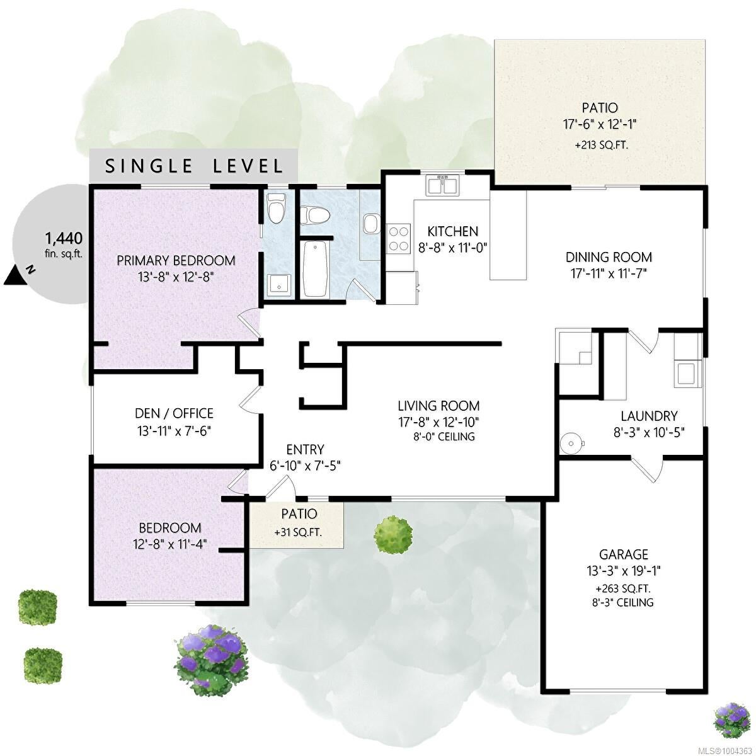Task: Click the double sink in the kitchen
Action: coord(442,186)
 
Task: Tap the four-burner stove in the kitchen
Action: coord(399,239)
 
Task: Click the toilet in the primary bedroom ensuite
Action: coord(275,207)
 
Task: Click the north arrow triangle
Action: coord(15,275)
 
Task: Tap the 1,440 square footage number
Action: coord(64,238)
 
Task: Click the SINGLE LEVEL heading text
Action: coord(194,166)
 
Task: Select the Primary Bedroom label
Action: coord(176,260)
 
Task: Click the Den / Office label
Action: coord(174,413)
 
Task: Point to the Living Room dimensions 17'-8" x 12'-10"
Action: coord(439,422)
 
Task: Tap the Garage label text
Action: coord(624,554)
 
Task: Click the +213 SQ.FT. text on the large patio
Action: coord(602,145)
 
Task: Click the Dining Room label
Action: coord(609,258)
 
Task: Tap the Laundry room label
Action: coord(649,416)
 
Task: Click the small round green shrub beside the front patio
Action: coord(393,535)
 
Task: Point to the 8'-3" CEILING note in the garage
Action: coord(623,603)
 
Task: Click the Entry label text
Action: coord(305,449)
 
